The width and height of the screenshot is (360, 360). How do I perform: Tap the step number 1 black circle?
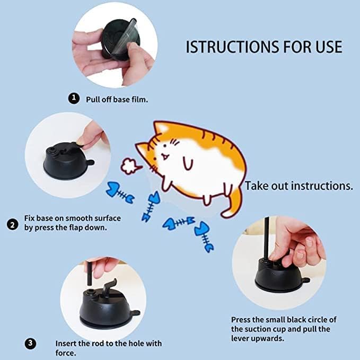tap(73, 98)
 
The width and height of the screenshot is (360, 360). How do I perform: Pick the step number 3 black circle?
tap(31, 344)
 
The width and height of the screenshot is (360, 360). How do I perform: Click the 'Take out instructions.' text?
tap(298, 186)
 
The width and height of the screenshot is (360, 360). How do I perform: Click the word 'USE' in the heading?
tap(326, 47)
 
